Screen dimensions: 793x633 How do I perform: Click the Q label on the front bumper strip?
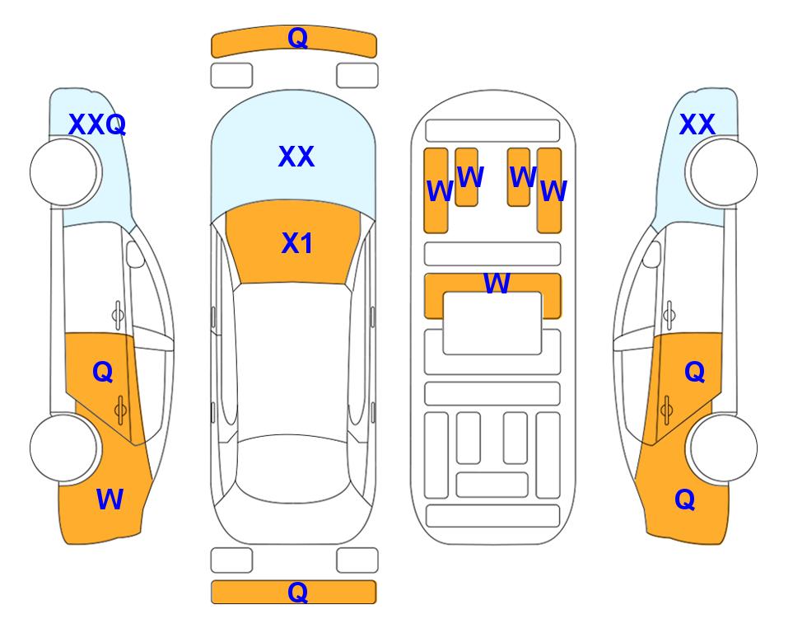tap(297, 38)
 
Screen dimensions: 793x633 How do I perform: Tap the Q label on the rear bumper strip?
tap(297, 592)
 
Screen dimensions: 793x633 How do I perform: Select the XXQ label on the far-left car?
tap(97, 124)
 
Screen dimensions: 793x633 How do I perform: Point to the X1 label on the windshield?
tap(297, 243)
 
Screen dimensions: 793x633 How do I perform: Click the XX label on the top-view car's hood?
tap(296, 157)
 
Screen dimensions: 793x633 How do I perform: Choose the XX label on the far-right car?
tap(697, 124)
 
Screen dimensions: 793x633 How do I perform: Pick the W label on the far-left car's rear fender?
tap(110, 499)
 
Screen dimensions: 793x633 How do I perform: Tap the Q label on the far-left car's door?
tap(103, 373)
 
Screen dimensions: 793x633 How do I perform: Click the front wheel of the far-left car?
tap(64, 172)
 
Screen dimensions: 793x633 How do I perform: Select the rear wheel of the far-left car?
tap(64, 448)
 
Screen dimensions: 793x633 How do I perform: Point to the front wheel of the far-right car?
tap(723, 172)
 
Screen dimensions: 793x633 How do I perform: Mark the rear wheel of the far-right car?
tap(724, 448)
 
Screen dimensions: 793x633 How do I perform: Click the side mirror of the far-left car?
tap(135, 254)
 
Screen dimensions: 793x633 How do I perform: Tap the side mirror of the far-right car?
tap(652, 254)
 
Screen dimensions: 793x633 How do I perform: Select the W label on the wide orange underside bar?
tap(497, 284)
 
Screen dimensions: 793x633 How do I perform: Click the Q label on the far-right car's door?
tap(695, 373)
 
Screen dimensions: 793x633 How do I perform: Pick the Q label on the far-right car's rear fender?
tap(685, 500)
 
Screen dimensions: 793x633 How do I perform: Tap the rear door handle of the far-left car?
tap(120, 410)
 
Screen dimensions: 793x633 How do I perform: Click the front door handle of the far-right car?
tap(669, 315)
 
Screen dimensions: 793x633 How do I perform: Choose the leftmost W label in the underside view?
tap(440, 191)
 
